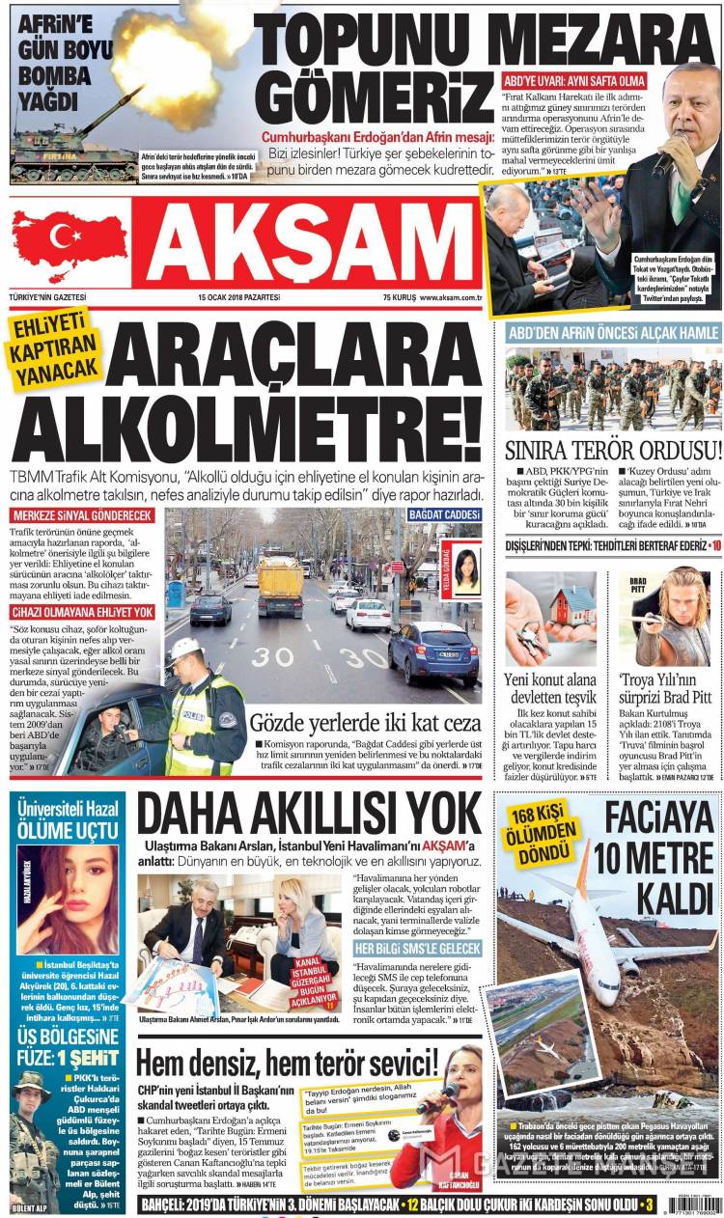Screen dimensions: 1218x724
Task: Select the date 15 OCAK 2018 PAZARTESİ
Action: [238, 297]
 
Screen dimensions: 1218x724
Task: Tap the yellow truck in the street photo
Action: [280, 584]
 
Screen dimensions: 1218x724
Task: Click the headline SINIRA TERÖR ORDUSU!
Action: [613, 451]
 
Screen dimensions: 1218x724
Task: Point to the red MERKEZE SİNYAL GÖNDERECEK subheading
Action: [82, 515]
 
